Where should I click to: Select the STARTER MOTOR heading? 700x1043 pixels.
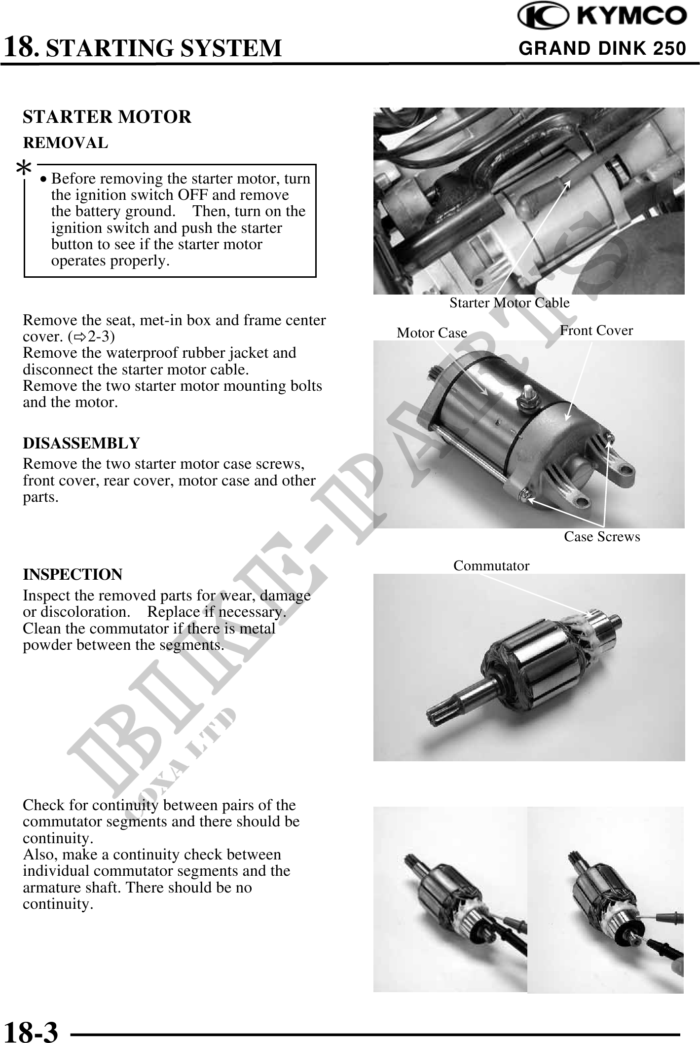107,117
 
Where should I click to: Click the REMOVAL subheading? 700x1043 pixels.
66,143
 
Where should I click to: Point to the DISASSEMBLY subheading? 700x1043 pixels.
81,443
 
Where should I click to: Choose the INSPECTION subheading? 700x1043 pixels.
73,575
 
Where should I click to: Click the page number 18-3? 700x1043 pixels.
31,1030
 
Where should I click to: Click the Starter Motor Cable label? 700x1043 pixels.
510,302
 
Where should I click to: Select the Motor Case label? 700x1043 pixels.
432,333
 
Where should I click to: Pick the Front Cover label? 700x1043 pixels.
596,330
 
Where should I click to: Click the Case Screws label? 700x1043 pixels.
602,536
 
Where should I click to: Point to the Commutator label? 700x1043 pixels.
491,565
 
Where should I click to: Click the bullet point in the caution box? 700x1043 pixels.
44,179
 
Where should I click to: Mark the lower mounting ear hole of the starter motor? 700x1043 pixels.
583,503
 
